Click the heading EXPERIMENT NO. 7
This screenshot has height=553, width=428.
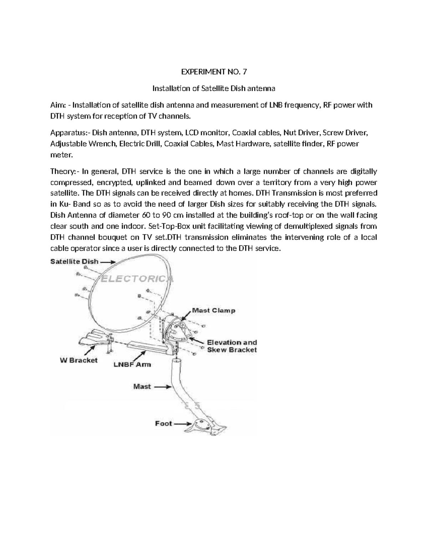(x=214, y=72)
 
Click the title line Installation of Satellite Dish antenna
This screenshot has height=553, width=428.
(x=214, y=88)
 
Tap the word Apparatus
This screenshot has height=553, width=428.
(x=68, y=133)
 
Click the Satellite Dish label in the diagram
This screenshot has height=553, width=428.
(x=74, y=261)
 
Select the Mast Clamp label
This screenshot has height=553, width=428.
(x=214, y=310)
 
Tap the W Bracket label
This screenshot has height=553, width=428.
(x=78, y=360)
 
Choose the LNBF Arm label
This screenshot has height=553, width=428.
(x=132, y=364)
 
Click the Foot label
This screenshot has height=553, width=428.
(x=163, y=423)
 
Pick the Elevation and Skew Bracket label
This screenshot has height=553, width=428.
(x=232, y=346)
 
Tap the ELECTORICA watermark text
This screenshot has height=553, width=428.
(x=137, y=279)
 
